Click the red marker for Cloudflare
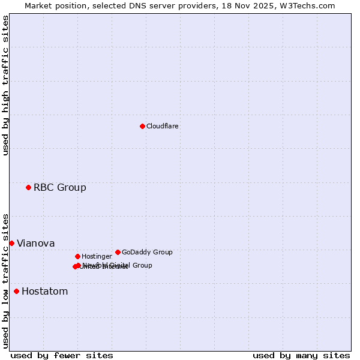(142, 126)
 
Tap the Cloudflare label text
(162, 126)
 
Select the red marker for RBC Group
(28, 188)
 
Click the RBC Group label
(59, 188)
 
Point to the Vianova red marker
(11, 243)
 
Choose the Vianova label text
(35, 244)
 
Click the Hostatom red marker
(16, 292)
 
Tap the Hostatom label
(44, 292)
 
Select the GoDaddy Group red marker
(118, 252)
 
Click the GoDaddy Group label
(147, 252)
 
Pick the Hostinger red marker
(77, 256)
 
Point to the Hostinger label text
(97, 256)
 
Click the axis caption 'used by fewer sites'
(62, 355)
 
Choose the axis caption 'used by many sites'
(301, 355)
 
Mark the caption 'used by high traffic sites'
(5, 85)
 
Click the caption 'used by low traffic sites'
(5, 281)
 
